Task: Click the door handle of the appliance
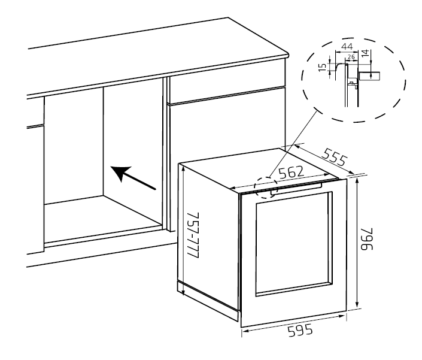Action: point(296,190)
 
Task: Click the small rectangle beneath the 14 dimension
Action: point(369,75)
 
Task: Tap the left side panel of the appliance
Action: point(210,240)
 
